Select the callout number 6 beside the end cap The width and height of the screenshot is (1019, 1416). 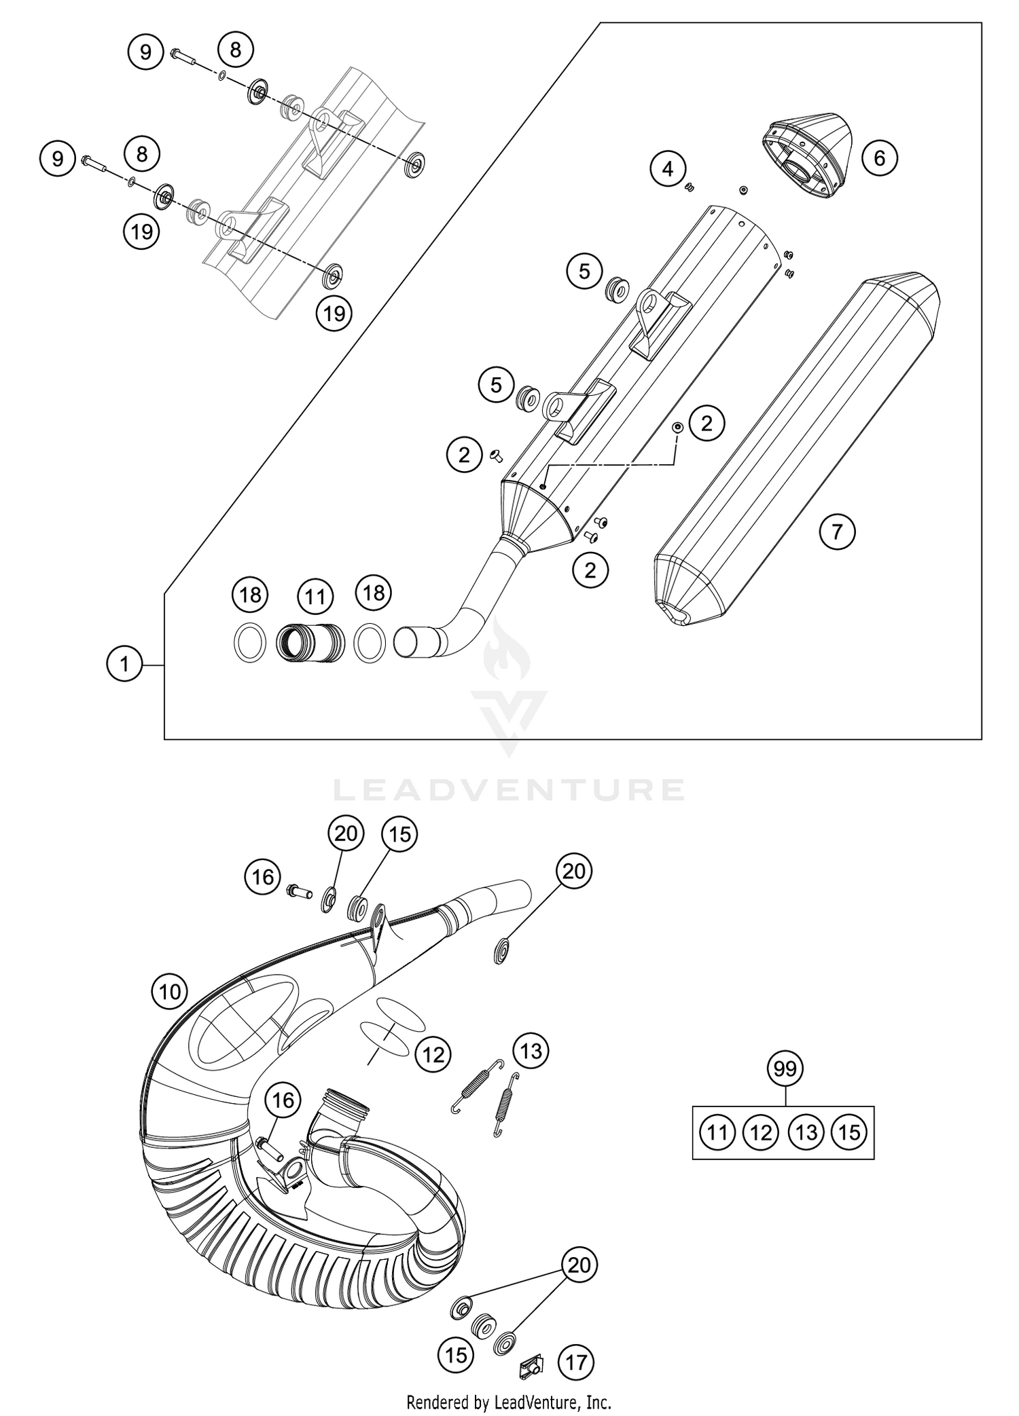point(879,158)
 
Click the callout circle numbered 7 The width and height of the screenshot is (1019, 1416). point(837,531)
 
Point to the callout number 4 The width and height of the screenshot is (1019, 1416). point(668,168)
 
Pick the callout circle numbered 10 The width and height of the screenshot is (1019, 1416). point(169,992)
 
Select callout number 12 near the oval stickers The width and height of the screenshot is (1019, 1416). point(433,1054)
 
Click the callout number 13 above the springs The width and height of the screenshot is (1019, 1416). point(531,1051)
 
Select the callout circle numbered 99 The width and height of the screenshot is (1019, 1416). point(785,1069)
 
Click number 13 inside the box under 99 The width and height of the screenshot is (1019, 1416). point(806,1132)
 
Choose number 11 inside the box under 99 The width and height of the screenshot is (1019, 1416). point(717,1132)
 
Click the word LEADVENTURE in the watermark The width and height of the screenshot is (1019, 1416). point(509,790)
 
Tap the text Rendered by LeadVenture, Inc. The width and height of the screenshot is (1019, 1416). point(509,1401)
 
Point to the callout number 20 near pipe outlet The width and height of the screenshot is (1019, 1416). point(574,870)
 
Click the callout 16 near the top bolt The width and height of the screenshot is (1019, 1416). point(263,876)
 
